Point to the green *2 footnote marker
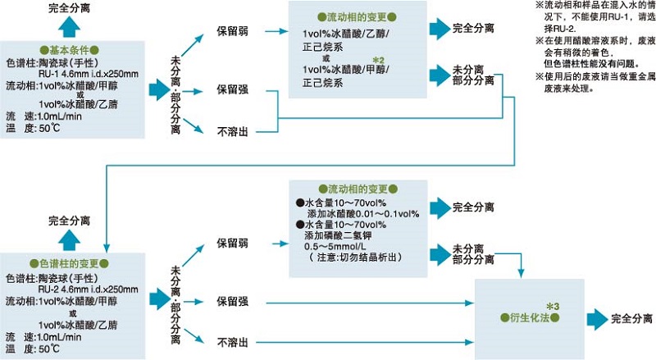[378, 61]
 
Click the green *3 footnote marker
[551, 306]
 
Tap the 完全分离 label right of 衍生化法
[631, 317]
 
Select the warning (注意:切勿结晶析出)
[354, 257]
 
